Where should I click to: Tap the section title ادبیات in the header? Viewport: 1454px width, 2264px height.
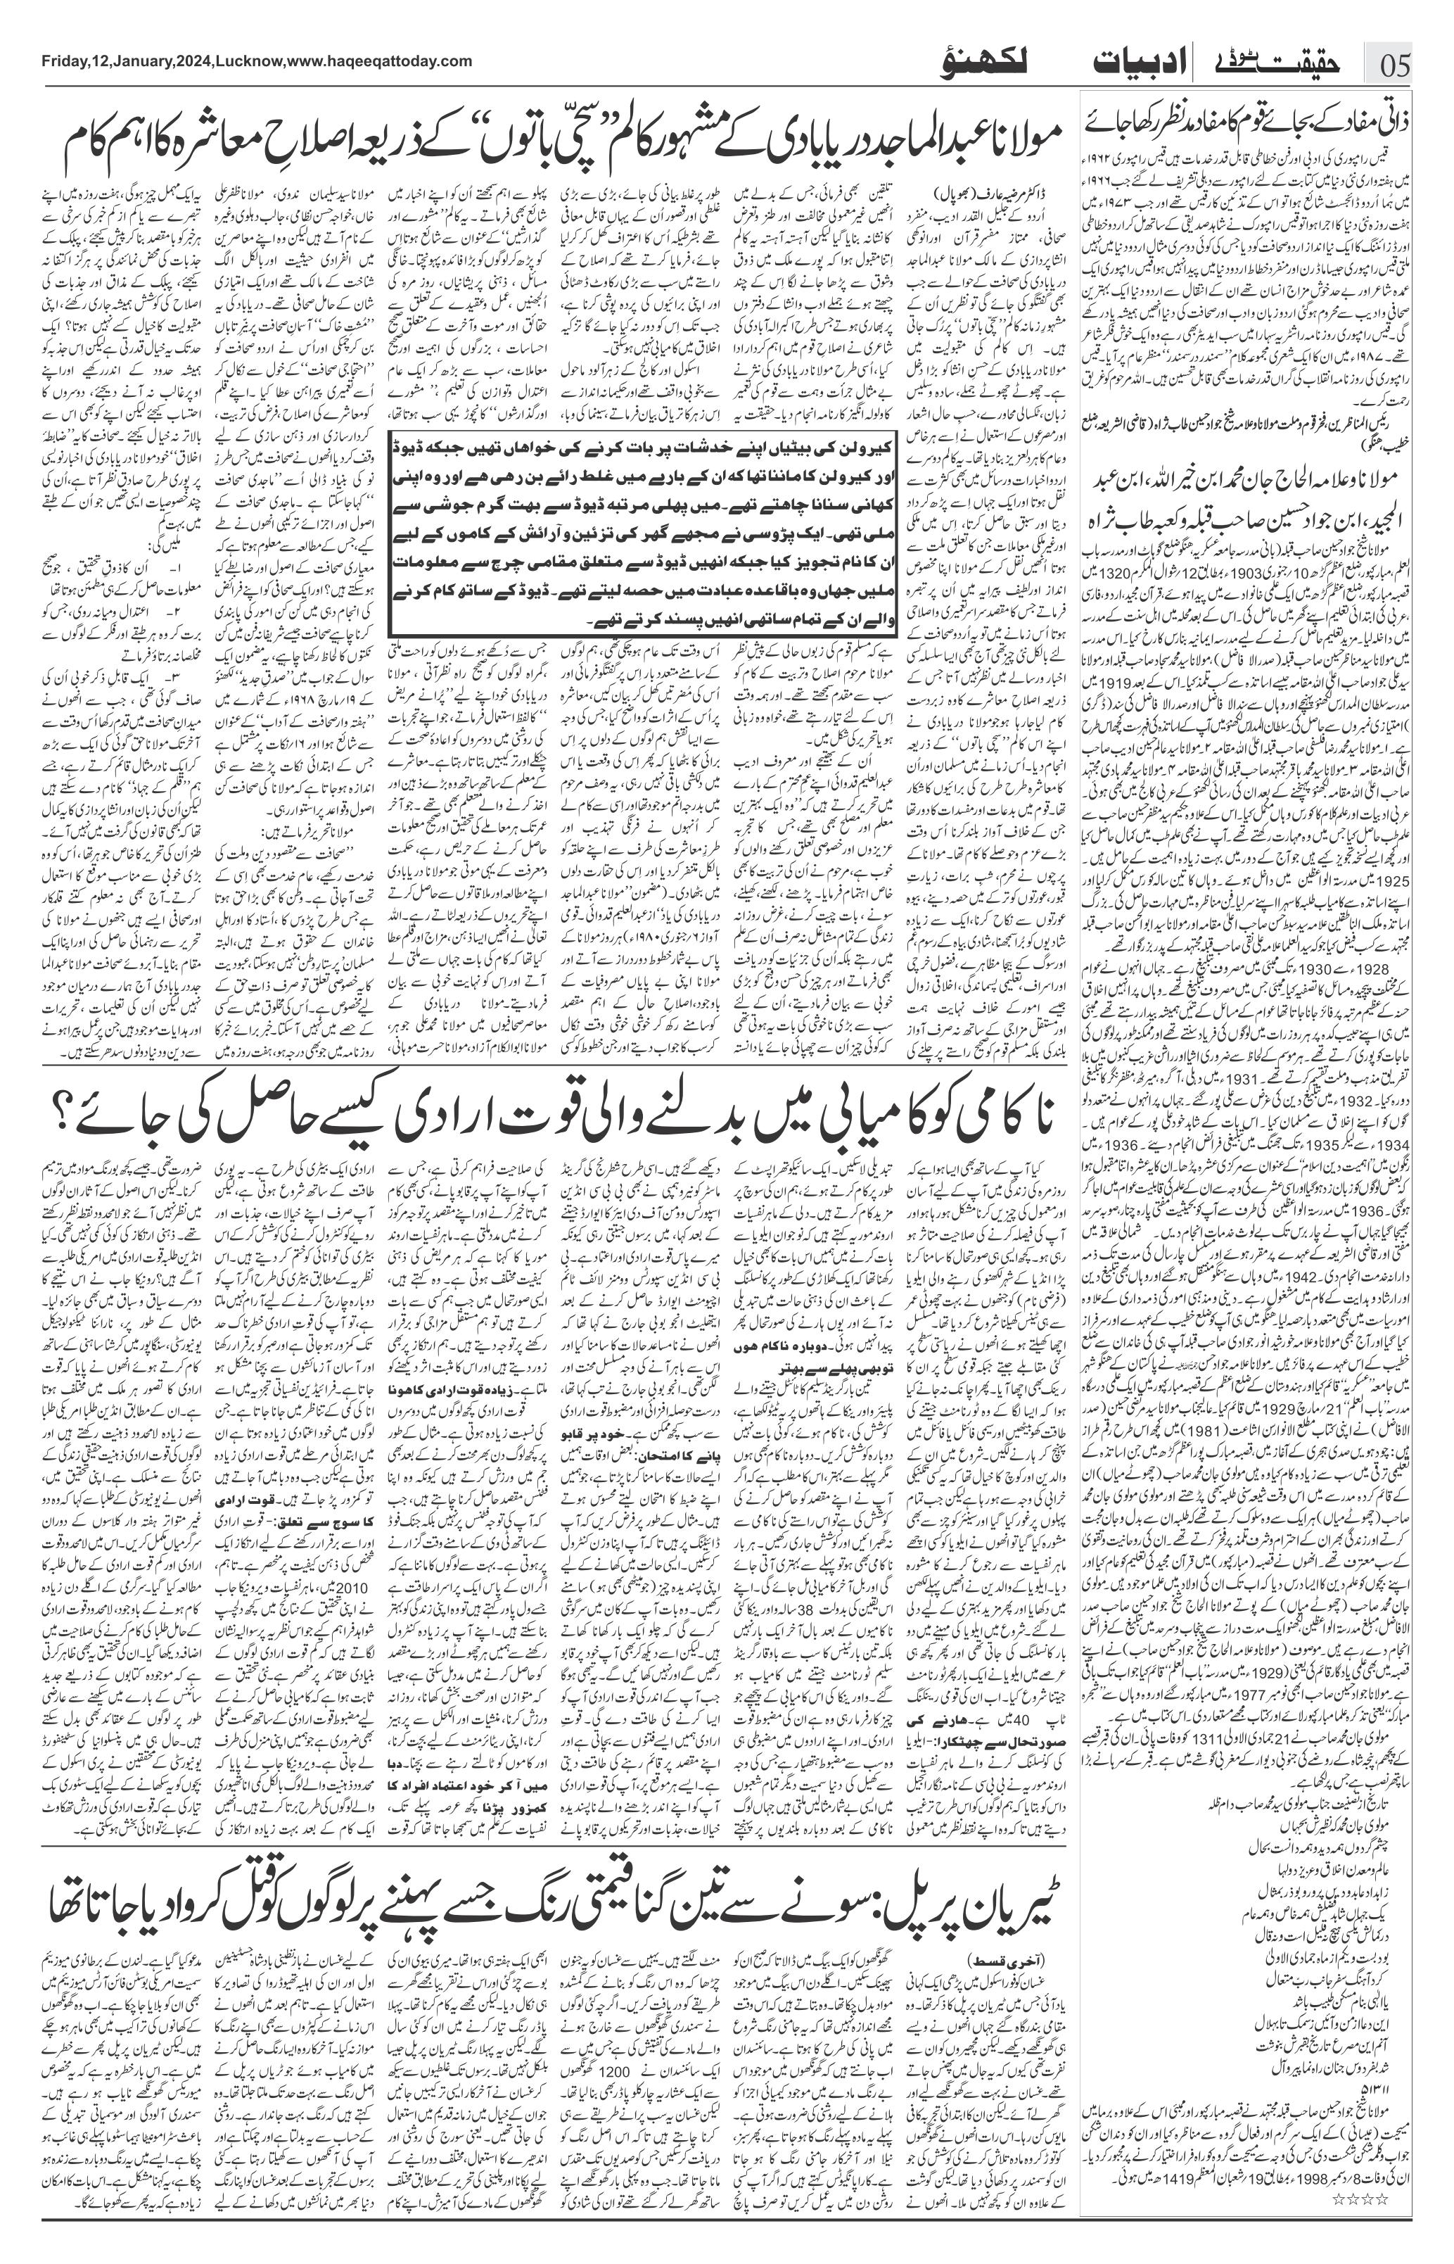tap(1129, 64)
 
